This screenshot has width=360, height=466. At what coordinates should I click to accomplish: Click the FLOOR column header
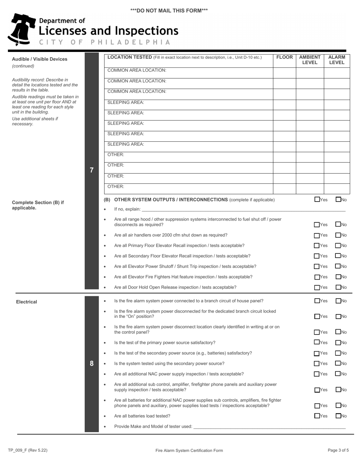pyautogui.click(x=284, y=57)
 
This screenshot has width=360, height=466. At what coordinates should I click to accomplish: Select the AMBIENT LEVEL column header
pyautogui.click(x=310, y=60)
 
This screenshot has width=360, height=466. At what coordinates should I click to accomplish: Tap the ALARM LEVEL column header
pyautogui.click(x=337, y=60)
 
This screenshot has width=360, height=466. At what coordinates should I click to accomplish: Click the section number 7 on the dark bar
pyautogui.click(x=91, y=170)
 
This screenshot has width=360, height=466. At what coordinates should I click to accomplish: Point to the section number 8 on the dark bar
pyautogui.click(x=91, y=364)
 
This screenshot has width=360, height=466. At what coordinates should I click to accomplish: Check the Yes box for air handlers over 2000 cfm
pyautogui.click(x=317, y=235)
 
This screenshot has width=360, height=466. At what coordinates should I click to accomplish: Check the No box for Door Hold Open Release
pyautogui.click(x=338, y=287)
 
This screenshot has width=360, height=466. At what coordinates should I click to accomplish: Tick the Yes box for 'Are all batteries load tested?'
pyautogui.click(x=317, y=416)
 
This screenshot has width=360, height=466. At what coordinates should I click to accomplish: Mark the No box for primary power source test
pyautogui.click(x=338, y=342)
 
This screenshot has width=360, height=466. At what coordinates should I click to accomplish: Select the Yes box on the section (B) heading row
pyautogui.click(x=317, y=199)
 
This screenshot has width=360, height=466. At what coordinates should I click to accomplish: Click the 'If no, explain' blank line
pyautogui.click(x=243, y=210)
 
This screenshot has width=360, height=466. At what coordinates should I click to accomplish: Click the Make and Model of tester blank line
pyautogui.click(x=269, y=427)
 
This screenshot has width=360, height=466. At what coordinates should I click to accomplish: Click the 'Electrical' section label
pyautogui.click(x=27, y=302)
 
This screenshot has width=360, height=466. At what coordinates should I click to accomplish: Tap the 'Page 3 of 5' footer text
pyautogui.click(x=338, y=450)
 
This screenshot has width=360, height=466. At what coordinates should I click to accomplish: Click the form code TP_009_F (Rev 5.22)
pyautogui.click(x=28, y=450)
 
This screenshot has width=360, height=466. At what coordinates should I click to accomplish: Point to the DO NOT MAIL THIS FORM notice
pyautogui.click(x=169, y=11)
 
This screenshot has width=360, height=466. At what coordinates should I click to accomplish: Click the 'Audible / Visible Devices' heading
pyautogui.click(x=40, y=59)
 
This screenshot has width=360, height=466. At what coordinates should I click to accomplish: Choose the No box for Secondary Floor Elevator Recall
pyautogui.click(x=338, y=256)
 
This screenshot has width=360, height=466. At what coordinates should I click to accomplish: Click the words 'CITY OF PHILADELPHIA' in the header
pyautogui.click(x=105, y=42)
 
